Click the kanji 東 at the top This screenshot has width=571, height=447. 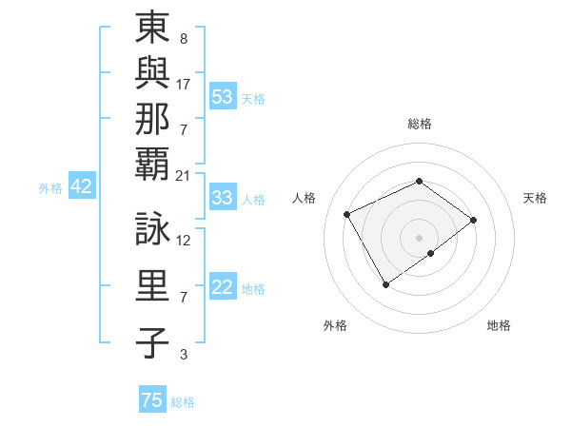pos(152,29)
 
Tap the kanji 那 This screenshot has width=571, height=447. pos(152,118)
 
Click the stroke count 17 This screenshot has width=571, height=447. pos(184,84)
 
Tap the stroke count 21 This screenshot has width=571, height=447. pos(184,175)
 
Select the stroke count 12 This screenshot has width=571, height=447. pos(184,240)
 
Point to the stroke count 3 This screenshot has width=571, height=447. pos(183,355)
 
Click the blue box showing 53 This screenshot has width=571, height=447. pos(223,96)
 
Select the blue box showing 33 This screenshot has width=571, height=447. pos(223,198)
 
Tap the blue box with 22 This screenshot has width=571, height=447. pos(223,288)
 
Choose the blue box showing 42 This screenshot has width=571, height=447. pos(81,186)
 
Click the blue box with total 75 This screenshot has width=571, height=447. pos(152,400)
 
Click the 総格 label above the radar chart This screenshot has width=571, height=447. pos(419,124)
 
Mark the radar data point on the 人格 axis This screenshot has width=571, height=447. pos(347,214)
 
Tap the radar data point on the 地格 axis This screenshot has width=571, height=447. pos(432,254)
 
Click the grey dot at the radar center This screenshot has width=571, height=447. pos(419,237)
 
